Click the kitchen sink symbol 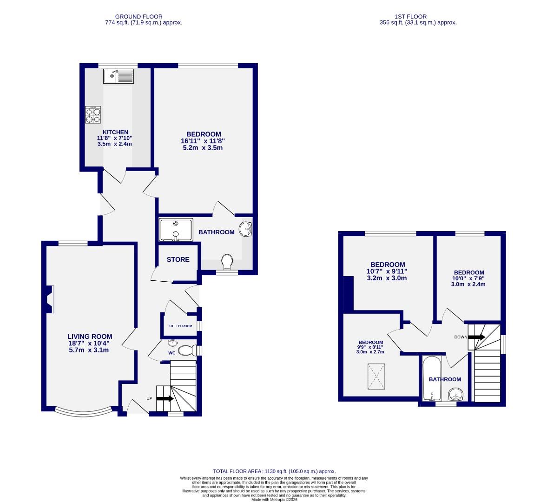coord(119,76)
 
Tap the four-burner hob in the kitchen coord(92,115)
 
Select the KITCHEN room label coord(115,132)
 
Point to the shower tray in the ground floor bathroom coord(176,230)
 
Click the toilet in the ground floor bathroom coord(227,262)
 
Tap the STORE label coord(178,259)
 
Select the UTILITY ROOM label coord(180,326)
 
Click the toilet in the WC coord(187,350)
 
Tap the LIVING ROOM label coord(90,337)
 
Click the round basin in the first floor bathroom coord(456,395)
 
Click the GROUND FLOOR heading coord(139,17)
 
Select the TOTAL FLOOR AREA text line coord(274,471)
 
